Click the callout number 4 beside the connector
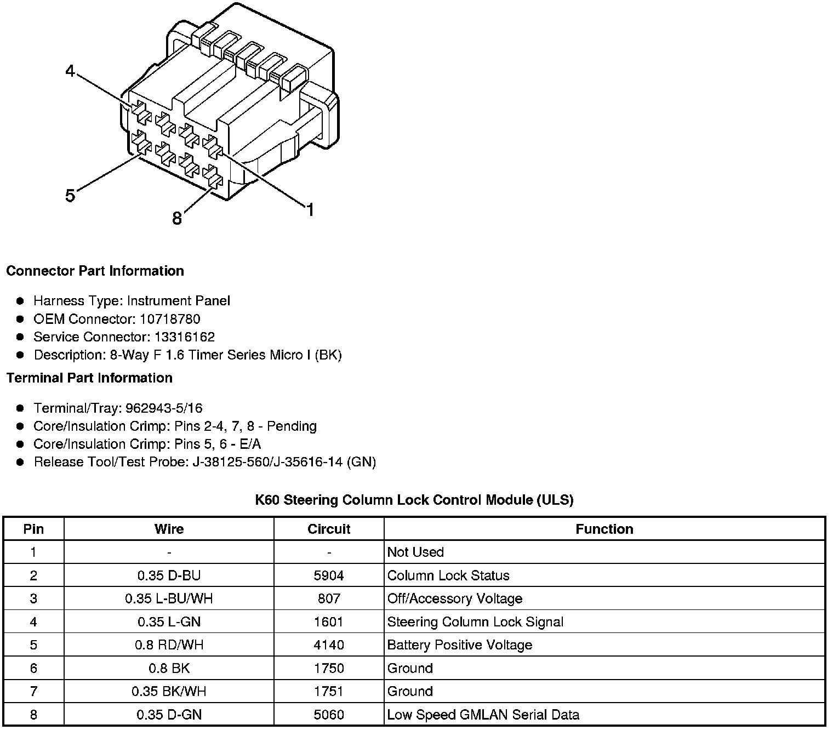pyautogui.click(x=70, y=71)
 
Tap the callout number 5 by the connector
pyautogui.click(x=70, y=196)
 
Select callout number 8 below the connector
pyautogui.click(x=176, y=219)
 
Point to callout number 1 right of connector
pyautogui.click(x=310, y=210)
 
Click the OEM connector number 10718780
pyautogui.click(x=170, y=319)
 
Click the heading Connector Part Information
pyautogui.click(x=95, y=271)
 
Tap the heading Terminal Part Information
pyautogui.click(x=89, y=378)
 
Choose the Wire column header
pyautogui.click(x=169, y=529)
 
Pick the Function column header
pyautogui.click(x=604, y=529)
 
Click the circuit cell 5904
pyautogui.click(x=329, y=576)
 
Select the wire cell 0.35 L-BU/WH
pyautogui.click(x=169, y=599)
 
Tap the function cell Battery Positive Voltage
pyautogui.click(x=460, y=645)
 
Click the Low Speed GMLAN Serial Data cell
pyautogui.click(x=483, y=715)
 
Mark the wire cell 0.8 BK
pyautogui.click(x=169, y=669)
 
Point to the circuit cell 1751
pyautogui.click(x=329, y=692)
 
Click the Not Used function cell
pyautogui.click(x=415, y=552)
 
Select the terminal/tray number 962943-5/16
pyautogui.click(x=164, y=408)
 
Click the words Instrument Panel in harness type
pyautogui.click(x=178, y=301)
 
